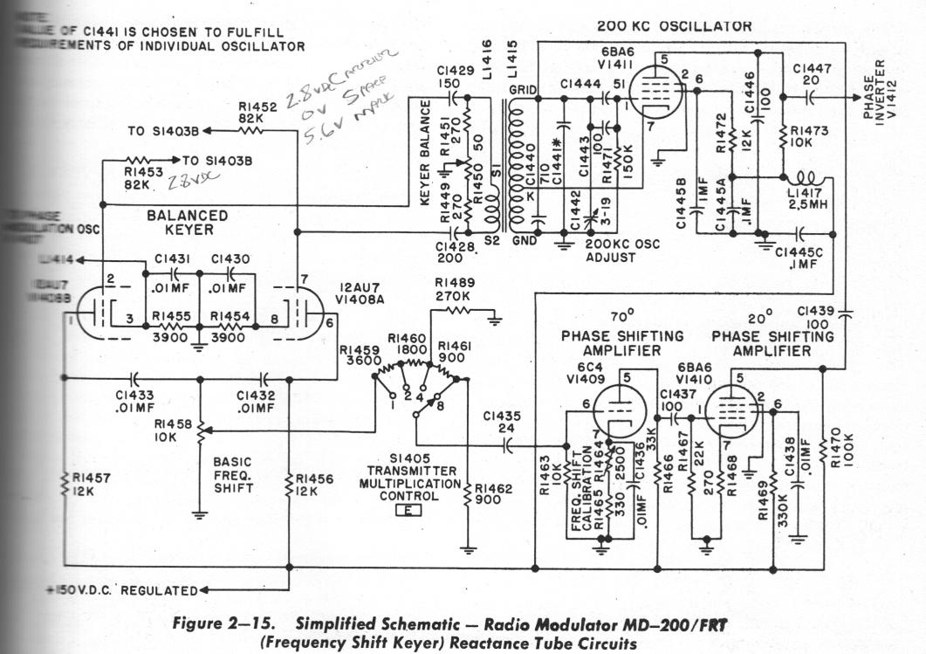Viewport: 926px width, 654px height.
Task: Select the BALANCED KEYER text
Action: click(188, 222)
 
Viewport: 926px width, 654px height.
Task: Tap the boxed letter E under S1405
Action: click(408, 510)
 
